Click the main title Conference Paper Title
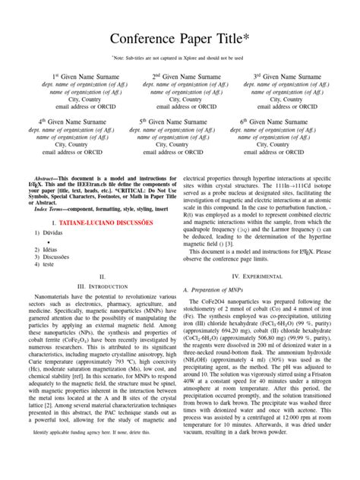coord(179,39)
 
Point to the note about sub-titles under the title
coord(179,57)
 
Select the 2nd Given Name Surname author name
coord(180,77)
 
